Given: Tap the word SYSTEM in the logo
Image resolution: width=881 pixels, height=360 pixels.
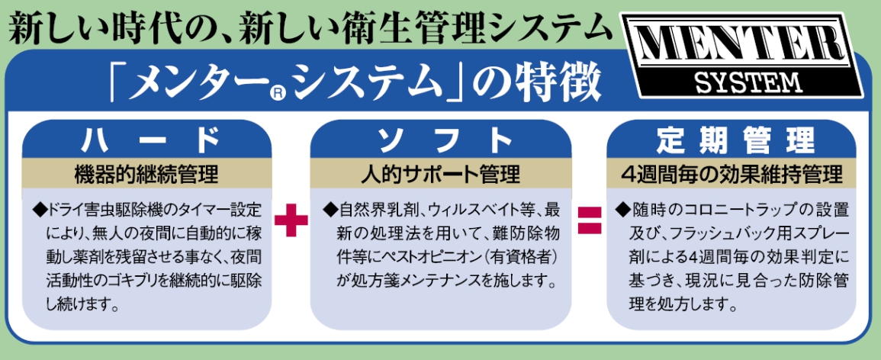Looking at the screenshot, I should click(x=747, y=81).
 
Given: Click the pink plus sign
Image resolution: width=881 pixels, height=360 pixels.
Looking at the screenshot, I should click(x=290, y=219).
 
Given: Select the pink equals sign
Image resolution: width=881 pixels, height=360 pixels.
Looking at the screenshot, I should click(x=588, y=219).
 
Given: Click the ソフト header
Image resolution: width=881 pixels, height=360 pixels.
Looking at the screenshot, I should click(x=440, y=140).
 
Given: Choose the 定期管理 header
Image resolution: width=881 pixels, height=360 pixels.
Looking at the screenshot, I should click(x=736, y=140).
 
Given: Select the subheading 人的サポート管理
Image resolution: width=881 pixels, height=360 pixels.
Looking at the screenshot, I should click(x=440, y=174).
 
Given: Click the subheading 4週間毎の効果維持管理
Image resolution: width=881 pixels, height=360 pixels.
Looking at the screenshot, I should click(x=736, y=174).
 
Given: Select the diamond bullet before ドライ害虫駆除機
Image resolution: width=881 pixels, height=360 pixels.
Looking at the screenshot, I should click(x=40, y=208).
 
